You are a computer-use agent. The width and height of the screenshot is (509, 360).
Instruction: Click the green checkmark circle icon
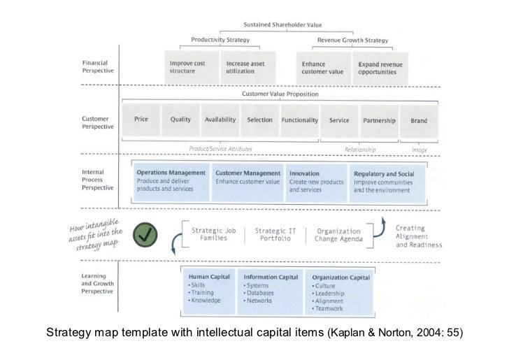[x=146, y=234]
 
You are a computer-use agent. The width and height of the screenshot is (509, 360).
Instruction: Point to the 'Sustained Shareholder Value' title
[x=279, y=24]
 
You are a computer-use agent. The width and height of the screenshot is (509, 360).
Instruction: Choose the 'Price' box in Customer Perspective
[x=141, y=120]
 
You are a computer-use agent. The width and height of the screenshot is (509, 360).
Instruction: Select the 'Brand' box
[x=419, y=120]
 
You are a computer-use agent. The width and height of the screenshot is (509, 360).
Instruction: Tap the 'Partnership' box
[x=379, y=120]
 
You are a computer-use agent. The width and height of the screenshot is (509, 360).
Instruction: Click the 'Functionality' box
[x=299, y=120]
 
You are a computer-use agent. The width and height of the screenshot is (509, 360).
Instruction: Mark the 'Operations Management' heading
[x=171, y=173]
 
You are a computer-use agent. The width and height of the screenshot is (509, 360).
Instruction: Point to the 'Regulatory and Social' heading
[x=384, y=173]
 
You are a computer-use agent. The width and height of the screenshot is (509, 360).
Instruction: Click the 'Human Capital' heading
[x=206, y=277]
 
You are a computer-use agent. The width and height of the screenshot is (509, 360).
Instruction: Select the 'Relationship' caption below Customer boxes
[x=361, y=149]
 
